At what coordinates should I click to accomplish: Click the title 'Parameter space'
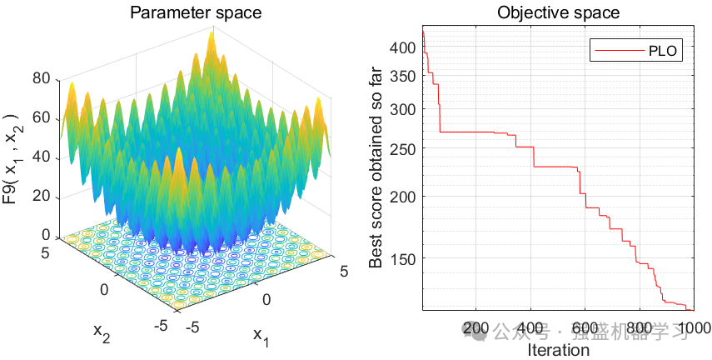195,12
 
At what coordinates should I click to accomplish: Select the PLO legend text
665,51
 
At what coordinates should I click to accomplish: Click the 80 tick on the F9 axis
42,80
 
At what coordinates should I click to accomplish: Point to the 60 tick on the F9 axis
42,118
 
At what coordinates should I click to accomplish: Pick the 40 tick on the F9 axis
42,157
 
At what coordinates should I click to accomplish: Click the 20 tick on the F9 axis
42,197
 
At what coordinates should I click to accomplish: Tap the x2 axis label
102,332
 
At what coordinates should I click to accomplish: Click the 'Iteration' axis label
559,350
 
